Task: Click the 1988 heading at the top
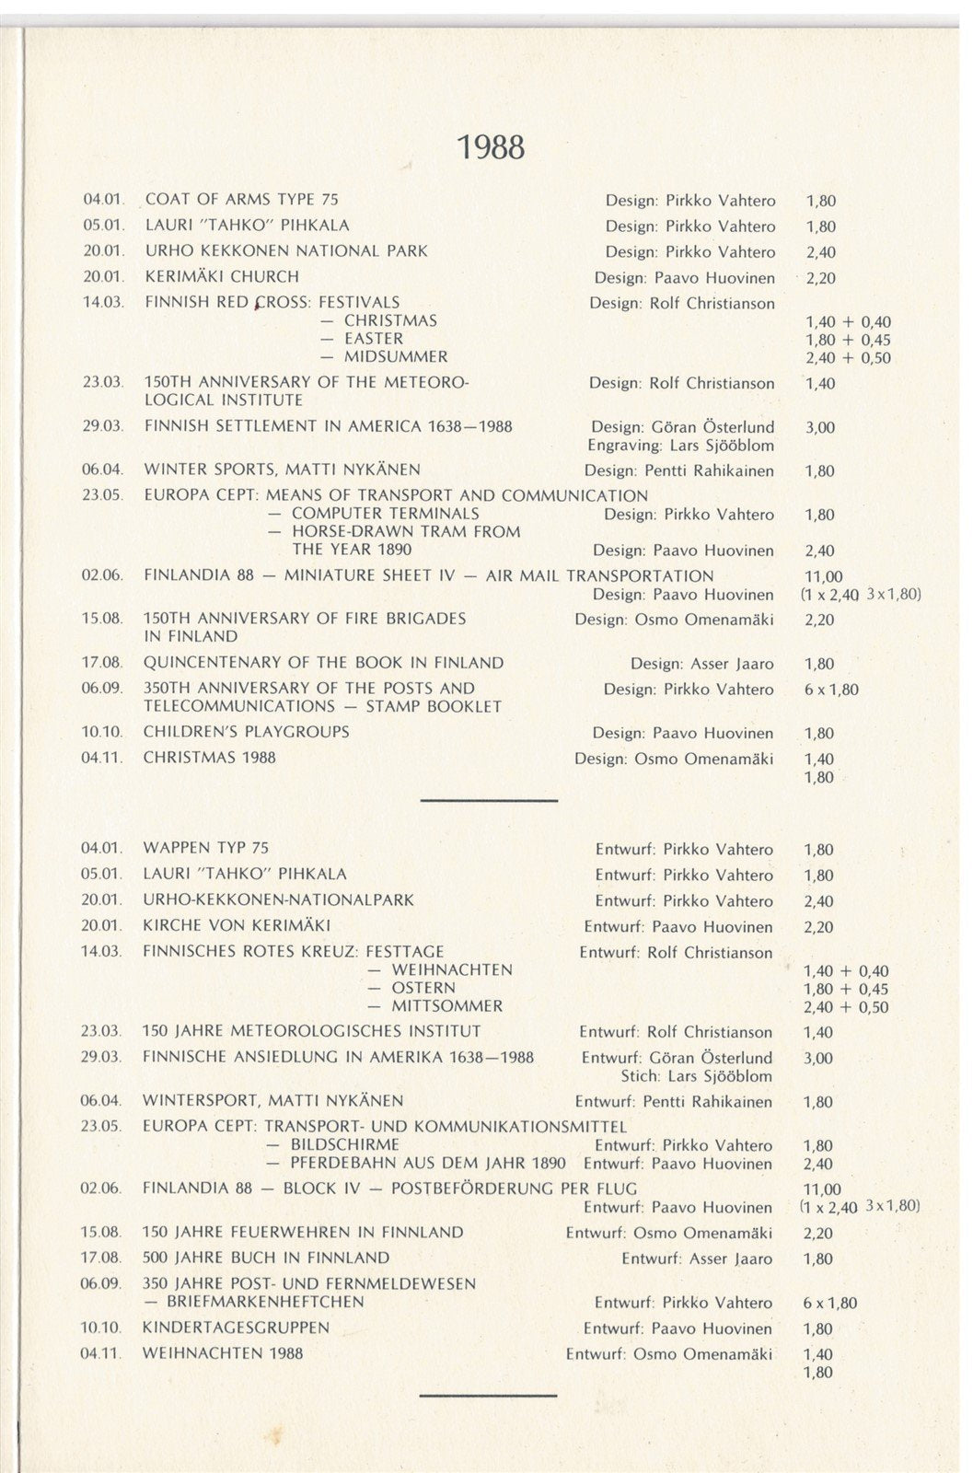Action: point(492,146)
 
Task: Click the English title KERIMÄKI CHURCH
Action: point(222,276)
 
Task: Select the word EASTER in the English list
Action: point(373,339)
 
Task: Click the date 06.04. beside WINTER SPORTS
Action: point(101,470)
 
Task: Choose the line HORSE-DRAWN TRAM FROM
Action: point(406,532)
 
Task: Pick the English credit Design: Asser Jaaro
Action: point(701,664)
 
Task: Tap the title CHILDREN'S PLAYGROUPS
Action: point(246,732)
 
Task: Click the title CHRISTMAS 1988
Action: point(209,758)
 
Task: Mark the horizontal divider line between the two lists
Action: point(489,801)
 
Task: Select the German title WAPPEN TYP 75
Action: point(205,848)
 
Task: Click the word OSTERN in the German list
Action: point(423,988)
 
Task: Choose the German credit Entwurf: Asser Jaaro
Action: point(697,1258)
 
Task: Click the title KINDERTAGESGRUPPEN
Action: point(236,1328)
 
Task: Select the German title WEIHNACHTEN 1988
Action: point(223,1353)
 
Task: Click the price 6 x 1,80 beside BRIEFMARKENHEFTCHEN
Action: point(829,1303)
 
